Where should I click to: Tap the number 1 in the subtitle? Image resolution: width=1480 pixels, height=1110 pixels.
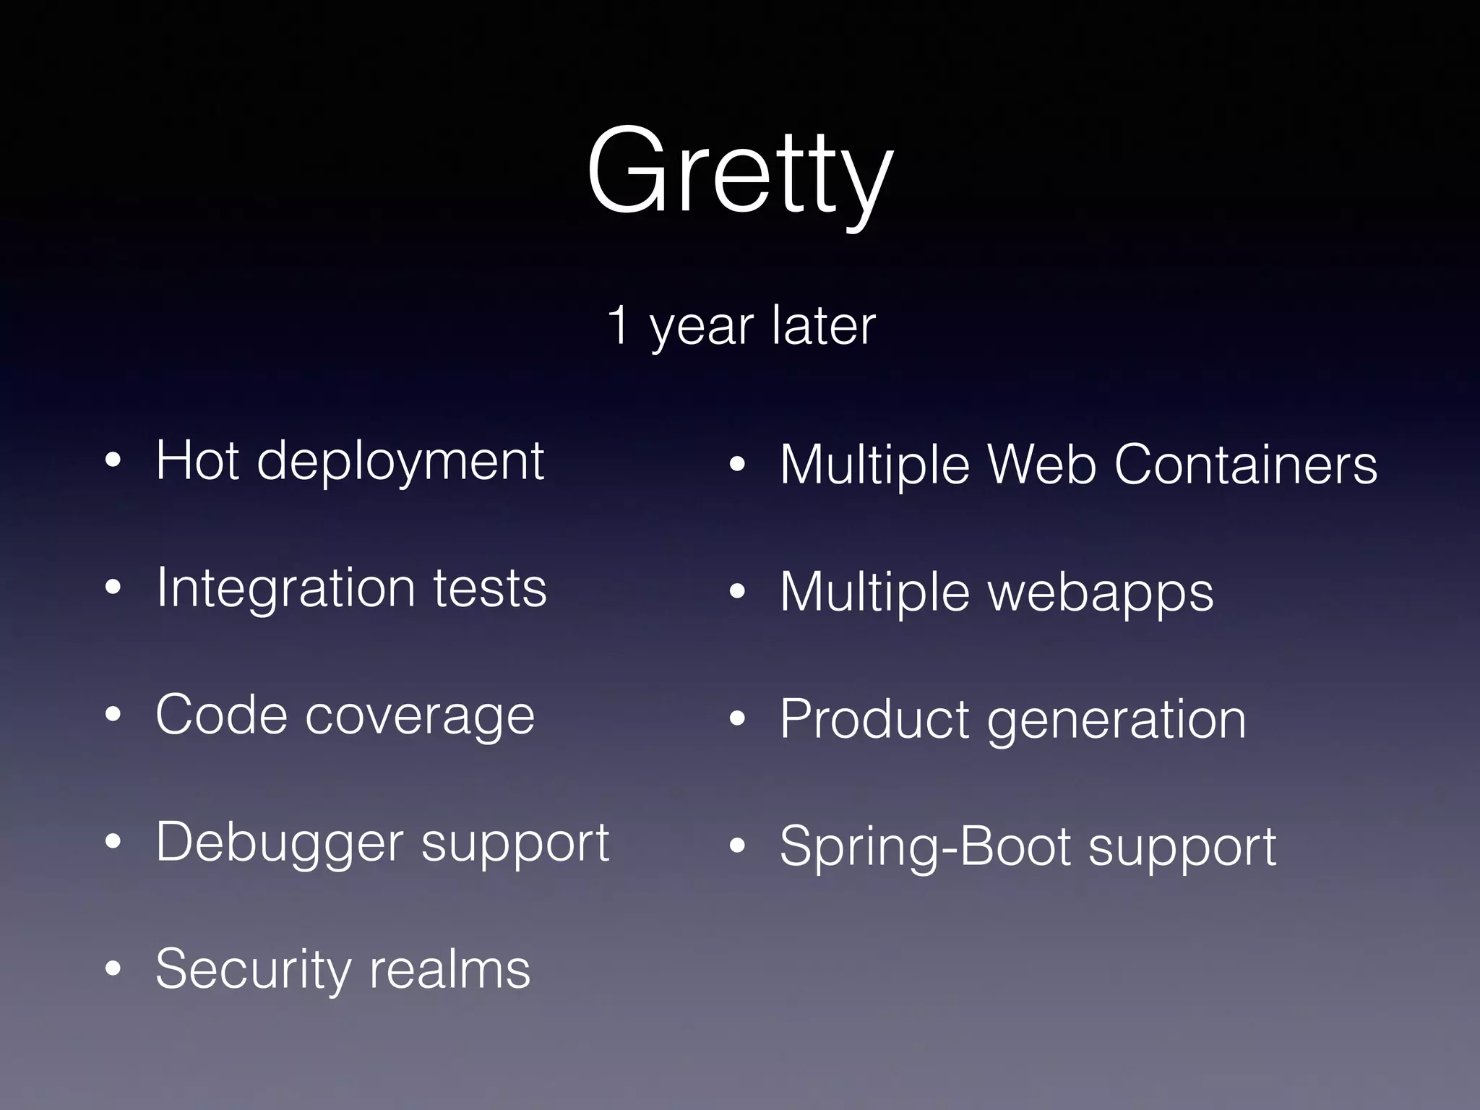pos(619,325)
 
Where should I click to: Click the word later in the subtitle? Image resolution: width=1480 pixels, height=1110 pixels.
pos(823,325)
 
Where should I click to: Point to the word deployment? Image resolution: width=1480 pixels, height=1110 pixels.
pos(400,462)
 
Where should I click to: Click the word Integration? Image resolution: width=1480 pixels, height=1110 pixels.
pos(285,588)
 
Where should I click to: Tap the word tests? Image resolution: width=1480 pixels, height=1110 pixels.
pos(490,588)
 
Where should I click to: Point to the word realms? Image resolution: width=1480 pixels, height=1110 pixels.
pos(449,970)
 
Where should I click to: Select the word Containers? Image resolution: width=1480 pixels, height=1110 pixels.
pos(1246,464)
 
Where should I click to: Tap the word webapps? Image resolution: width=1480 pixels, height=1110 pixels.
pos(1101,593)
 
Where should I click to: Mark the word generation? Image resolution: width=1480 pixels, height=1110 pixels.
pos(1117,721)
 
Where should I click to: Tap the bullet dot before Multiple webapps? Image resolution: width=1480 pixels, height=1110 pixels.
pos(737,592)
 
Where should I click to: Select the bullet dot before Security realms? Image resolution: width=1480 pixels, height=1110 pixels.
pos(113,969)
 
